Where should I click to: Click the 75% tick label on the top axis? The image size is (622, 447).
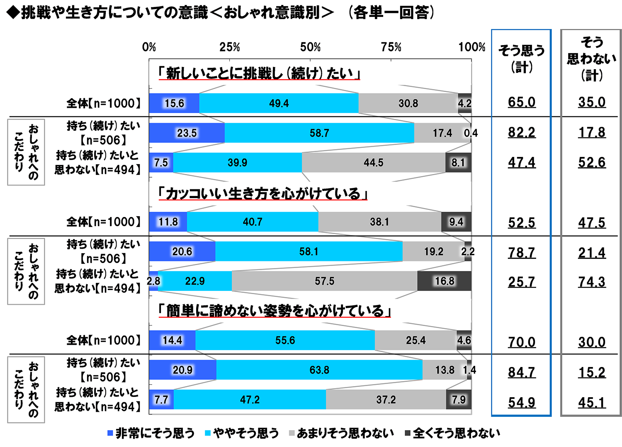point(391,47)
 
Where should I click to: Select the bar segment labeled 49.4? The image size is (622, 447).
point(279,103)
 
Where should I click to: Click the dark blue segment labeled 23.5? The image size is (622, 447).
point(187,133)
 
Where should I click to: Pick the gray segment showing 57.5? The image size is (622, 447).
point(324,281)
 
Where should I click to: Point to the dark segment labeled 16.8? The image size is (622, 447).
point(444,281)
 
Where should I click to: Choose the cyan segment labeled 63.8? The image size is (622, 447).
point(319,370)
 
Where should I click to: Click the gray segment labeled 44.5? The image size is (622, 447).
point(373,163)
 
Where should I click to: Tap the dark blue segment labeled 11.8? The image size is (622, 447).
point(168,222)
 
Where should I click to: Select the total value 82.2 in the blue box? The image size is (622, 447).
point(522,133)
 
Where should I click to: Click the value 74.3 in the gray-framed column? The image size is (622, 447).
point(592,282)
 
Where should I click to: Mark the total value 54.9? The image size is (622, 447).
point(522,402)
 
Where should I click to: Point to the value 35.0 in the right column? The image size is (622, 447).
point(592,102)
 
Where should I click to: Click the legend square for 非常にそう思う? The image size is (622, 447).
point(110,433)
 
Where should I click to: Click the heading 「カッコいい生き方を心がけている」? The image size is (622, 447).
point(263,193)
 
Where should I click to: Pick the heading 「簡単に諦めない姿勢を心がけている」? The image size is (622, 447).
point(275,311)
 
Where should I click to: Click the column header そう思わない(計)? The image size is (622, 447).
point(591,58)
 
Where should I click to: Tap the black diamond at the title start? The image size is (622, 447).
point(13,13)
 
